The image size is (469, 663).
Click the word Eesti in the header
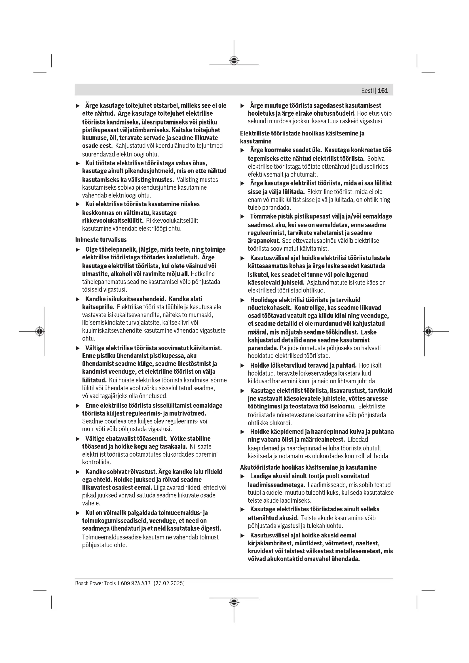click(367, 91)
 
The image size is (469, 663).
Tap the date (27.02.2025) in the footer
click(169, 583)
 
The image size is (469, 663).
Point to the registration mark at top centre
click(234, 61)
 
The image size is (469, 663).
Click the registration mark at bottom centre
click(234, 602)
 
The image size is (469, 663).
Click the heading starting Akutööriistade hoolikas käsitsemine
click(309, 467)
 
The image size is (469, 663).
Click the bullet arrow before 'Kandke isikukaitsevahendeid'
click(77, 299)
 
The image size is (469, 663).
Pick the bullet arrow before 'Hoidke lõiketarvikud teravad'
click(243, 366)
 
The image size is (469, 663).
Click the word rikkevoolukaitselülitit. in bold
click(113, 221)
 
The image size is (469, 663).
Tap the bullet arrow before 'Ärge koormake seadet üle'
click(243, 150)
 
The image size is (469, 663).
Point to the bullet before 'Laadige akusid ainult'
click(243, 476)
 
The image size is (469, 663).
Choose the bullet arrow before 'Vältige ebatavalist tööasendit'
click(77, 439)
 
